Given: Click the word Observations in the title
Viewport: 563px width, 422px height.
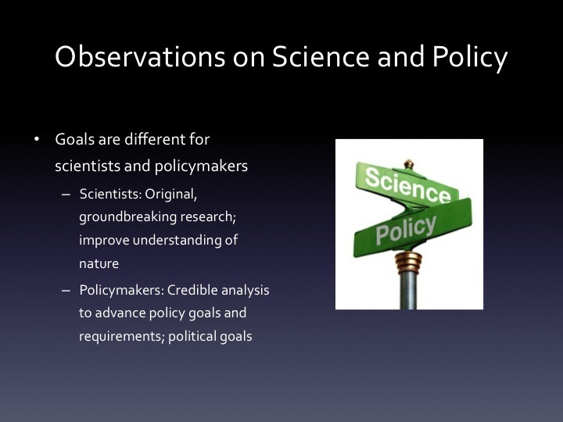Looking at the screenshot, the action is (x=140, y=57).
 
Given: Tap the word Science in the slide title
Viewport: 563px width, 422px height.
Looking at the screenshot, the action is (x=321, y=57).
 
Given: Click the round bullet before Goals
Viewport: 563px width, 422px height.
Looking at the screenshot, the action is (x=37, y=139).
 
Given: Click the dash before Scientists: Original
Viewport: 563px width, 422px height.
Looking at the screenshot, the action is (x=66, y=195).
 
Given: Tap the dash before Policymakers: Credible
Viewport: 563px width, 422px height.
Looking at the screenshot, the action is (x=66, y=291).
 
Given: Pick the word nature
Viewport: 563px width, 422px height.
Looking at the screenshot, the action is (x=99, y=264).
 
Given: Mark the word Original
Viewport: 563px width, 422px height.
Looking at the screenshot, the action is (x=171, y=195).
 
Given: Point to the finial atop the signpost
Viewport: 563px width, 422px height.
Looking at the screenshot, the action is (x=409, y=164).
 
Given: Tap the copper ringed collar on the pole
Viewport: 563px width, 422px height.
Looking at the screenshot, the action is (x=408, y=263).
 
